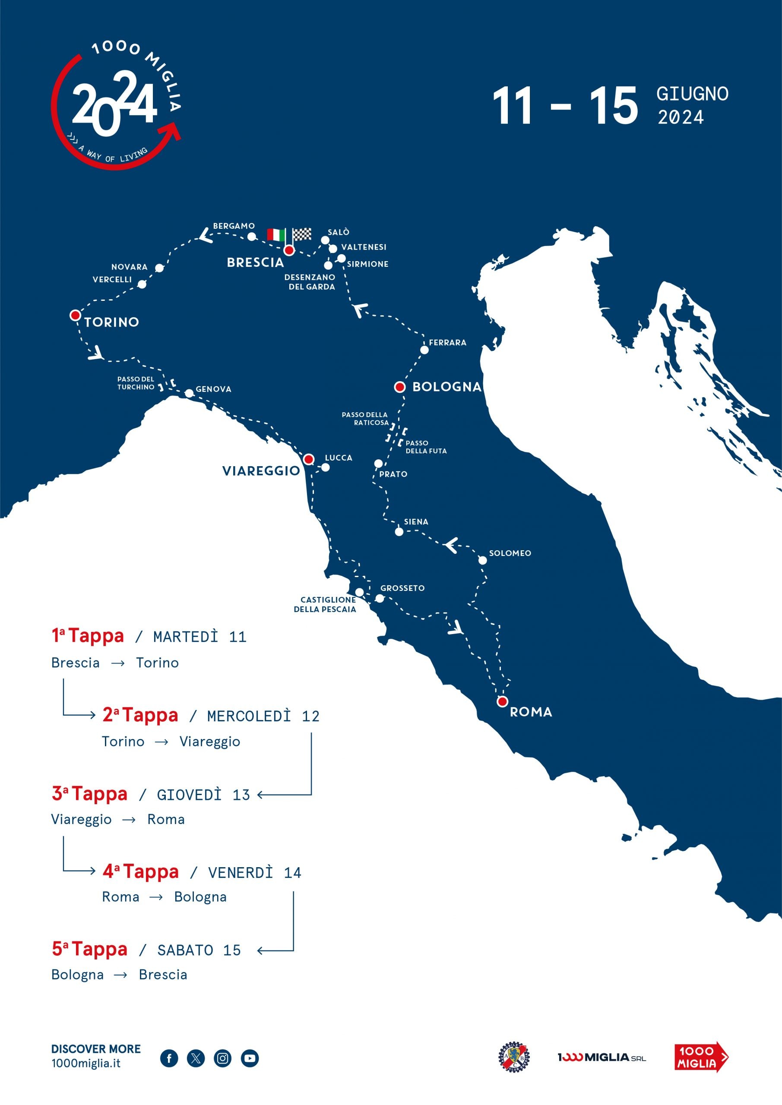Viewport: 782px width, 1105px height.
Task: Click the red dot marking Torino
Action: [75, 315]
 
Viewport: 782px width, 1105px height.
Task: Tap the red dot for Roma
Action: [502, 701]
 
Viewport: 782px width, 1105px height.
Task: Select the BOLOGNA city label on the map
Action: [447, 386]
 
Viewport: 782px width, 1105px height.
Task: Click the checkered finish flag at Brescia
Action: [302, 234]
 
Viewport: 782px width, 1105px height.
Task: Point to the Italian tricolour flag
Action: [276, 235]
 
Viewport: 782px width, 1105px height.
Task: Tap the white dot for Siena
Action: [399, 531]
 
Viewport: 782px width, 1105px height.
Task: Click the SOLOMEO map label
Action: [510, 553]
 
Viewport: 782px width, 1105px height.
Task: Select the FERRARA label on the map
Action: [447, 343]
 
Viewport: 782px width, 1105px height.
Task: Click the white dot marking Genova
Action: [189, 393]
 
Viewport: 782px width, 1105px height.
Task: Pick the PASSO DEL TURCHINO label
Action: [136, 383]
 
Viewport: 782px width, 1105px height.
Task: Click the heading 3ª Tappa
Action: [89, 794]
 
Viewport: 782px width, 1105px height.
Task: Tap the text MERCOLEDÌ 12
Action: [263, 716]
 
